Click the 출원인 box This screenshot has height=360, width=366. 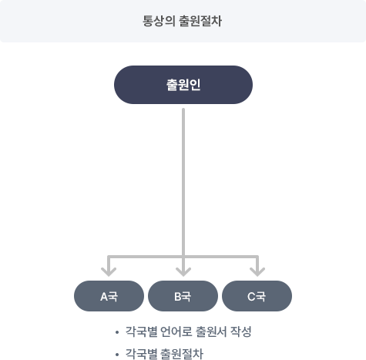coord(183,85)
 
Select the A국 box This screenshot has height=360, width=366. coord(109,296)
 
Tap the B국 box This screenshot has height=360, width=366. coord(183,296)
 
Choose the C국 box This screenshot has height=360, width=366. coord(257,296)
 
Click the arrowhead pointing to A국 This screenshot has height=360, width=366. coord(109,271)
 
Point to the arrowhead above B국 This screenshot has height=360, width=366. coord(183,271)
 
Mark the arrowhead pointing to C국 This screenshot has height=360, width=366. coord(257,271)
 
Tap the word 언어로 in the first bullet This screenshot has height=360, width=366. coord(176,331)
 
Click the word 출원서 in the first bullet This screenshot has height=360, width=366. coord(211,331)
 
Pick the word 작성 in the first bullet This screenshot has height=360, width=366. coord(241,331)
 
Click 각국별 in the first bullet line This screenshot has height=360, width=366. coord(141,331)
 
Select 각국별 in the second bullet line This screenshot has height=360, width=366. coord(141,354)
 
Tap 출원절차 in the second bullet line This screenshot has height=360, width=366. coord(182,354)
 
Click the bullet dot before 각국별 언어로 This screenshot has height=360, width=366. coord(117,332)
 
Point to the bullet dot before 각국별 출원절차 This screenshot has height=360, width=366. coord(117,355)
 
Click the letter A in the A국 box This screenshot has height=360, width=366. coord(104,297)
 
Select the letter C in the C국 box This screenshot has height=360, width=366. coord(251,297)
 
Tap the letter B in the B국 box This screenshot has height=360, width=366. coord(178,297)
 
